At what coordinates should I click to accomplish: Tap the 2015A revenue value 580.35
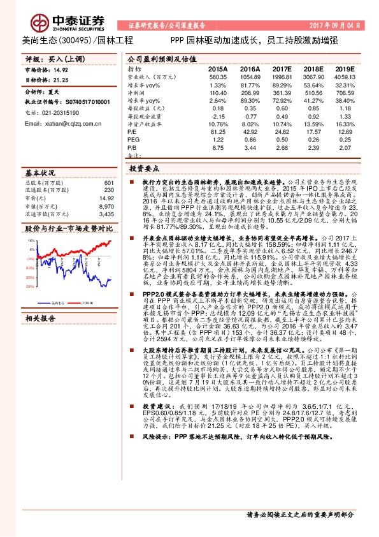coord(217,77)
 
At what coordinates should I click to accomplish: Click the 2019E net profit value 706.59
coord(344,92)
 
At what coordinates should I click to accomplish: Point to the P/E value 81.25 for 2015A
coord(218,131)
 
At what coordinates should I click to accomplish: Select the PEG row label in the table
coord(132,139)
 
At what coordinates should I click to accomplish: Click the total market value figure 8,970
coord(106,206)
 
